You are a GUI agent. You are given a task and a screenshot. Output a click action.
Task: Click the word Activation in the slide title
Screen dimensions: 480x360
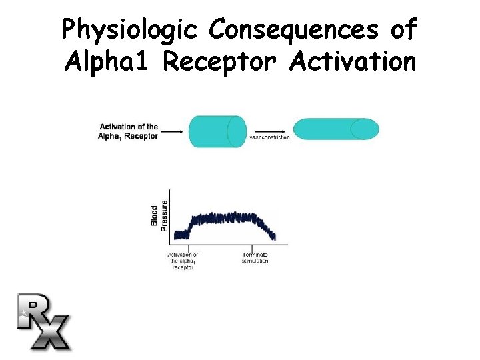353,62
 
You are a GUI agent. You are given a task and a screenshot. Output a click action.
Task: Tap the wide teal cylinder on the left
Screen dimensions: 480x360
217,131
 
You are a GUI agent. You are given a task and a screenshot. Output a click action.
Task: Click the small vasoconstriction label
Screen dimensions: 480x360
269,137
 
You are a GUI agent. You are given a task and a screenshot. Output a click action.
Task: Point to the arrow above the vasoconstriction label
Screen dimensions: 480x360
269,131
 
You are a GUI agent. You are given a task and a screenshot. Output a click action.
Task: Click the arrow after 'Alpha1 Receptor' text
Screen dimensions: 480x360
172,132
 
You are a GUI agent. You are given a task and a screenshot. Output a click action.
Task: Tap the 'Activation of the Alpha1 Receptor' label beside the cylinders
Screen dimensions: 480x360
129,131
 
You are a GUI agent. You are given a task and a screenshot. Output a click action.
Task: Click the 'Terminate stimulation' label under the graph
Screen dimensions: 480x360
255,257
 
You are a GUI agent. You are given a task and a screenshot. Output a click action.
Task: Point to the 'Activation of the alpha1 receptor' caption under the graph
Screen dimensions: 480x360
183,261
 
